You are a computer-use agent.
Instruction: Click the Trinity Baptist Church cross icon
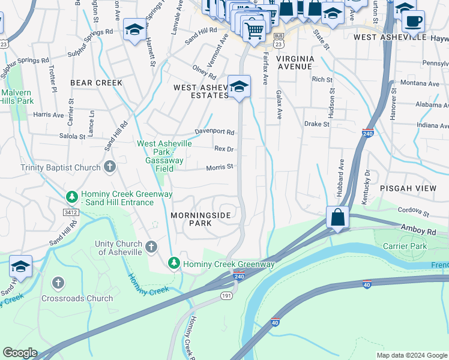(x=109, y=167)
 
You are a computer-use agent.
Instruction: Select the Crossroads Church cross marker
(x=58, y=283)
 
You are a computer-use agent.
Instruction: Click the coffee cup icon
(x=412, y=22)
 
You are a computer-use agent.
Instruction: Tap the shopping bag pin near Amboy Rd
(x=338, y=217)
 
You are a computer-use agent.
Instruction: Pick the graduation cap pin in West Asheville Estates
(x=239, y=86)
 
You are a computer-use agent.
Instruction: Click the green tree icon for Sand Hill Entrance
(x=71, y=196)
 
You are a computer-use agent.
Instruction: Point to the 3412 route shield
(x=71, y=211)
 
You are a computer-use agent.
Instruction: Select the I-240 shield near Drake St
(x=368, y=133)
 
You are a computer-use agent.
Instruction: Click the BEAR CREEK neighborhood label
(x=96, y=83)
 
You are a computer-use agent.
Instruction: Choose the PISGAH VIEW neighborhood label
(x=408, y=188)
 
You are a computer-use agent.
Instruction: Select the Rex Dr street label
(x=223, y=149)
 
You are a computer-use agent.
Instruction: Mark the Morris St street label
(x=220, y=167)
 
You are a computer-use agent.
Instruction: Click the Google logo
(x=20, y=353)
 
